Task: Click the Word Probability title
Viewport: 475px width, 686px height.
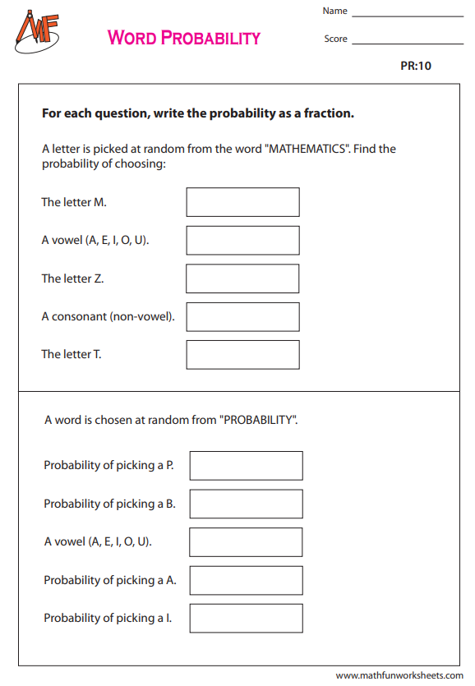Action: click(184, 38)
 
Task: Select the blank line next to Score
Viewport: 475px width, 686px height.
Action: click(408, 41)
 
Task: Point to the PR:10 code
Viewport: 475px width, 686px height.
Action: click(416, 66)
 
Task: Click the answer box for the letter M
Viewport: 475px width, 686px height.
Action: click(242, 202)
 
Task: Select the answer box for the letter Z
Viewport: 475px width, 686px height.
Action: click(242, 279)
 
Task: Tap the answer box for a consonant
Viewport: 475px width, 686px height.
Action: click(242, 316)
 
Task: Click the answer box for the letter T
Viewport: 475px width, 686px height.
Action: click(242, 354)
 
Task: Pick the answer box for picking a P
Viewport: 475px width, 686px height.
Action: click(246, 465)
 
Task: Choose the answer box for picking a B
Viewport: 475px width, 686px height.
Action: click(246, 504)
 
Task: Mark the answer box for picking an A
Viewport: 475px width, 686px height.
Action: click(246, 580)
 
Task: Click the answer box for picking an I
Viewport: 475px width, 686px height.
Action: click(246, 618)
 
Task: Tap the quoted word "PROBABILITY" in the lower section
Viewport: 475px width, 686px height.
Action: click(257, 420)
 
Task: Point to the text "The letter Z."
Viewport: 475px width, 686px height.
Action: click(72, 279)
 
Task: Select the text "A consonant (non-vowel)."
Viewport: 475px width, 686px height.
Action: click(108, 316)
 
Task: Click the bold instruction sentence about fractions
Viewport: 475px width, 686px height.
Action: click(198, 113)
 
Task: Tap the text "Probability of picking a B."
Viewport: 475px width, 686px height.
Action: click(109, 504)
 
